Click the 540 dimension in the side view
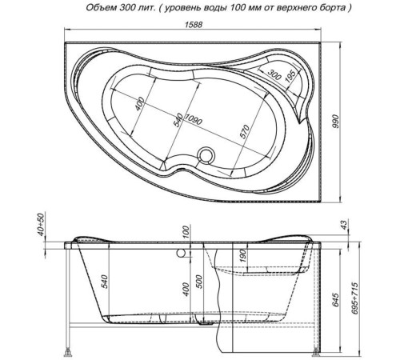(x=103, y=282)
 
